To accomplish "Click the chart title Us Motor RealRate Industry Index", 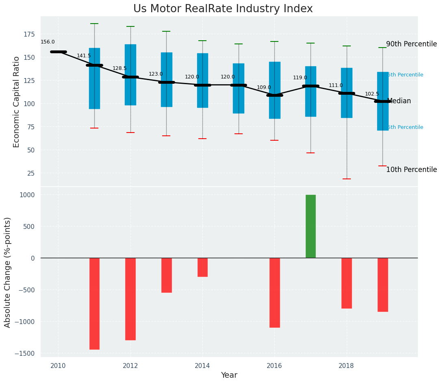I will [223, 9].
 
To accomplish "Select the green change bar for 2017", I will [311, 226].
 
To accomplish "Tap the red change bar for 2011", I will [94, 303].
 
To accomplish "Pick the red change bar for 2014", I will [202, 267].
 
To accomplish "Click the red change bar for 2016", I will [275, 292].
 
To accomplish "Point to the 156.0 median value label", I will [48, 42].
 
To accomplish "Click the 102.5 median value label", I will [372, 94].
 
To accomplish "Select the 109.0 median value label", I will [264, 87].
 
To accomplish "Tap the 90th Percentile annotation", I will [411, 44].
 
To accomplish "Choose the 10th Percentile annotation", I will [411, 170].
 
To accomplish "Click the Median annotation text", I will [399, 101].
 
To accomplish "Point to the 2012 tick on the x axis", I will [130, 366].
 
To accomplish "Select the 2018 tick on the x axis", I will [346, 366].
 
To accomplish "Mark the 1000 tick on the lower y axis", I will [27, 195].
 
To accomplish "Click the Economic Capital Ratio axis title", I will [17, 102].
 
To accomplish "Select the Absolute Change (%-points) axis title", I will [8, 272].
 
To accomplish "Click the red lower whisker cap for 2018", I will [347, 179].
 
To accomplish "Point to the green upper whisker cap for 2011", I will [94, 24].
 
